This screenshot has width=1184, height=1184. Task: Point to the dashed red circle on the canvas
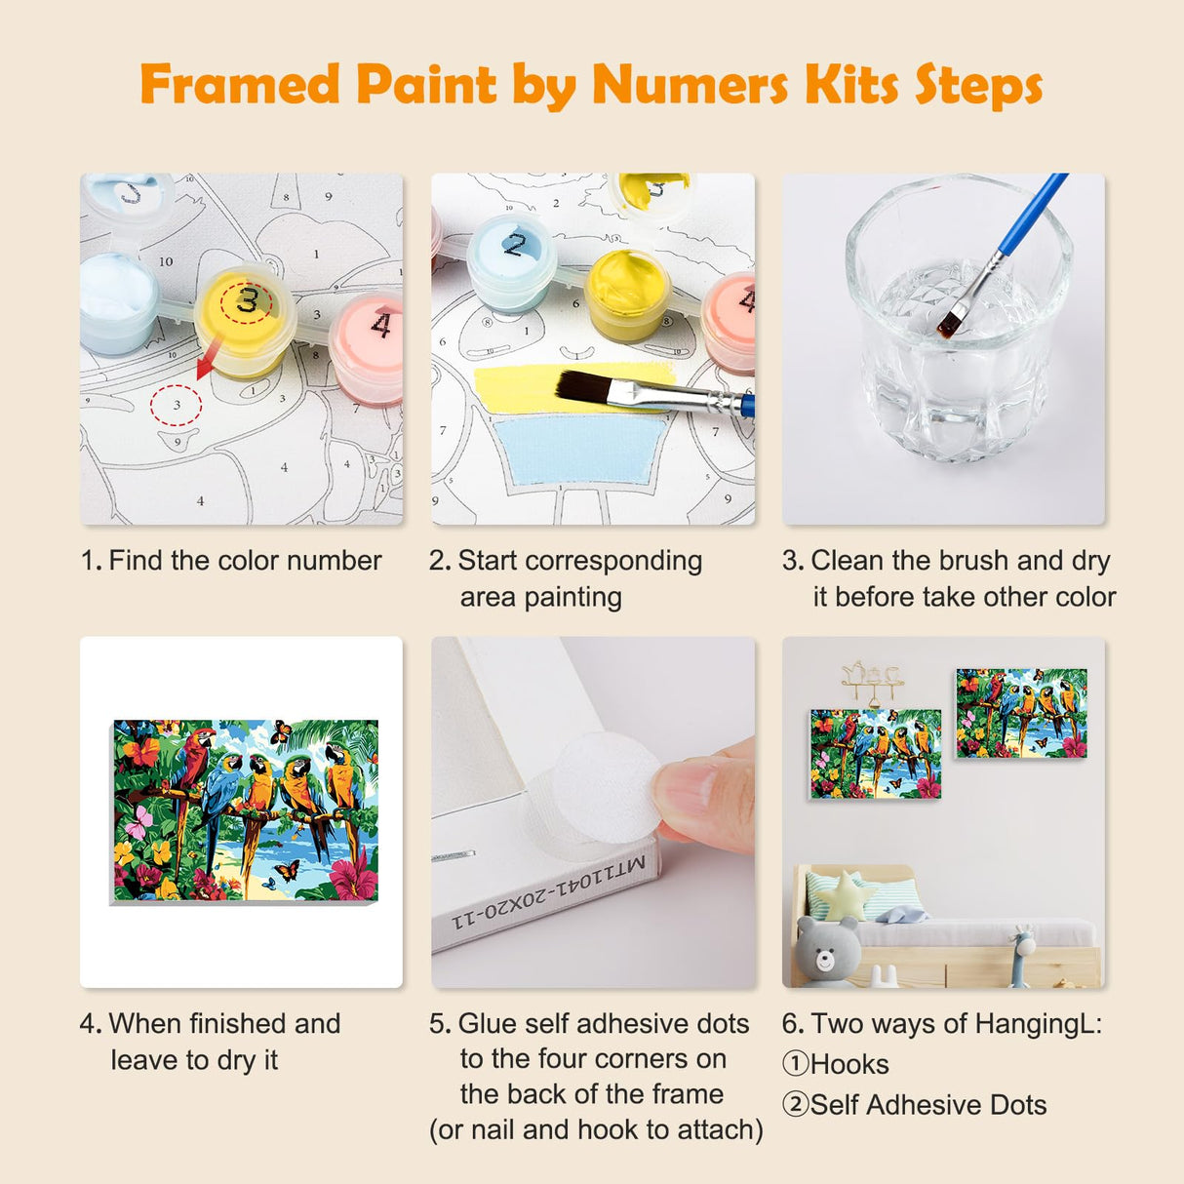tap(177, 405)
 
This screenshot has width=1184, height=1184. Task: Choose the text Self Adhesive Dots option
tap(927, 1105)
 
